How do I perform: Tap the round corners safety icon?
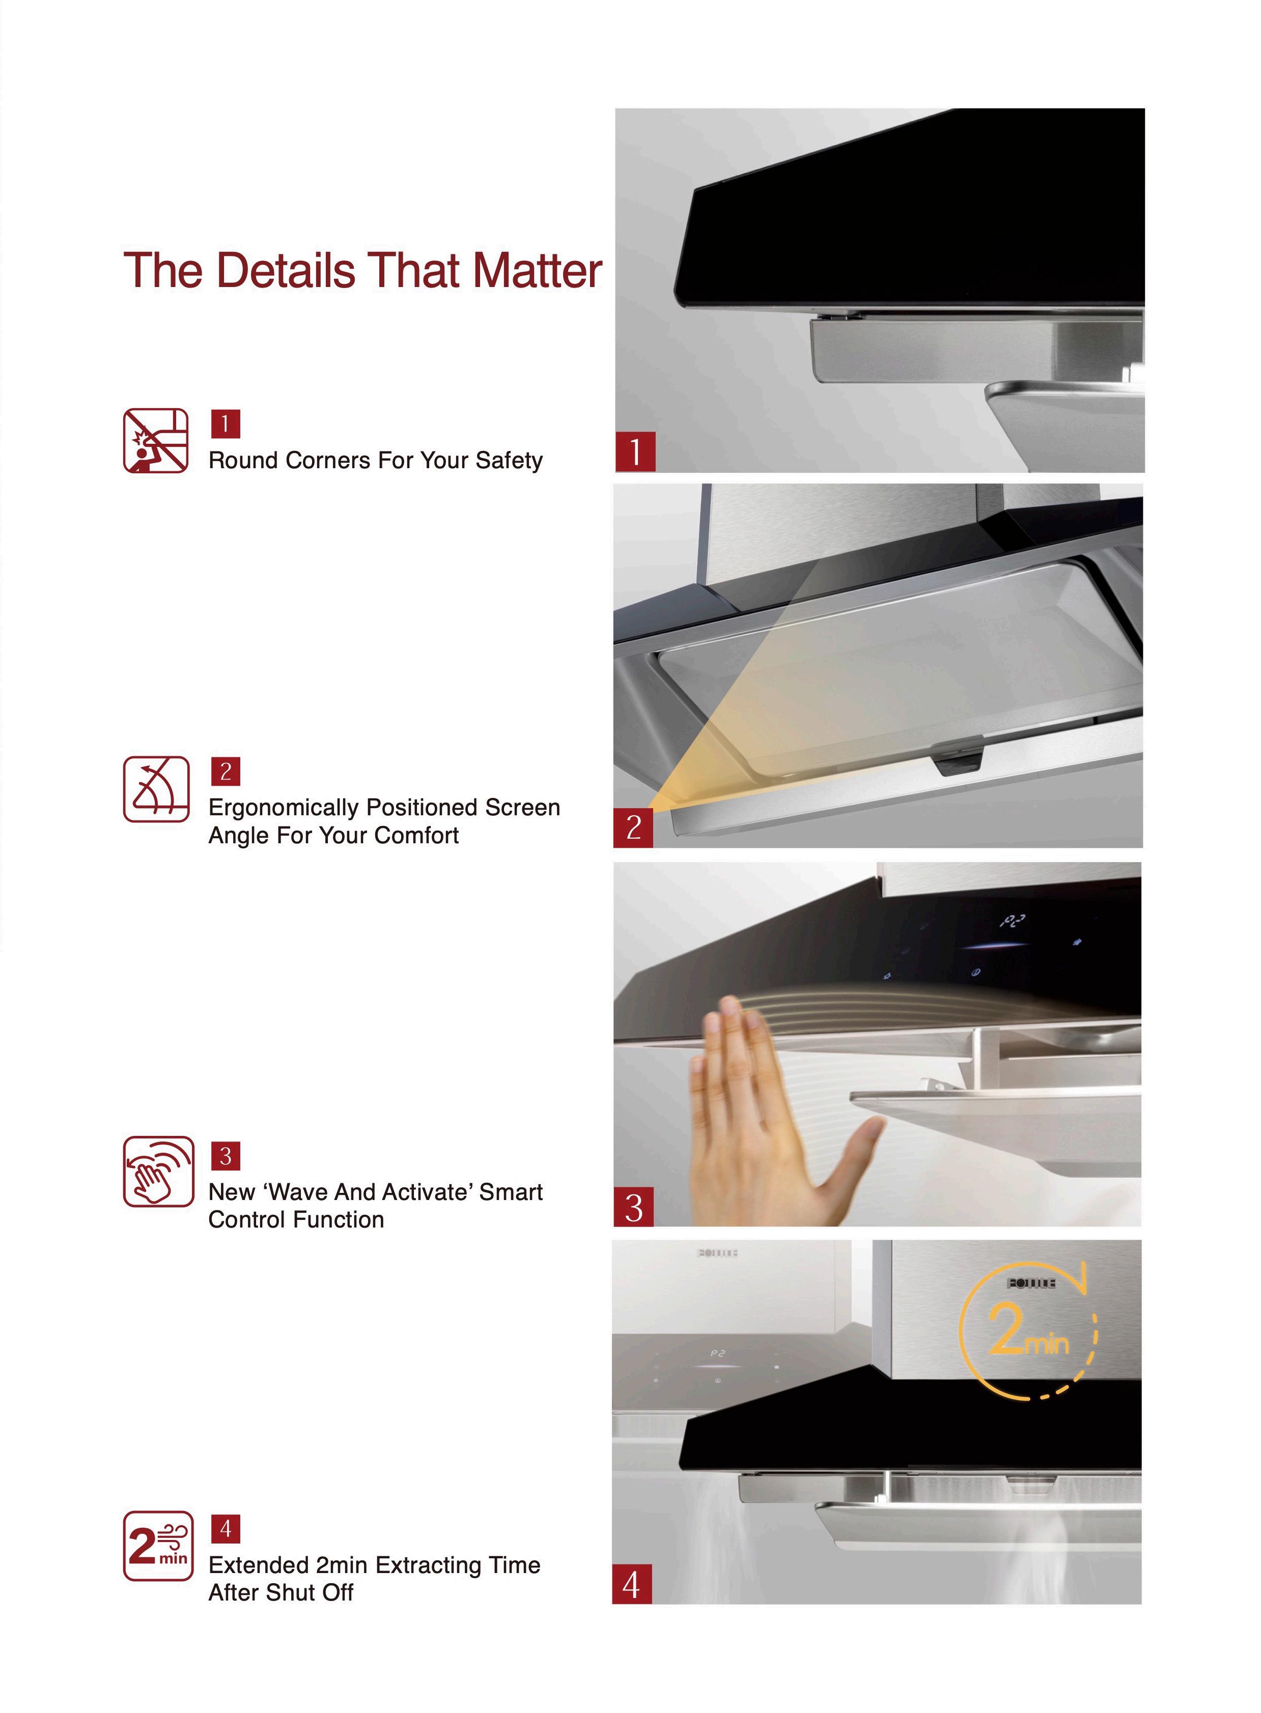(156, 441)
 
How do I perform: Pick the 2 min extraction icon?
(158, 1546)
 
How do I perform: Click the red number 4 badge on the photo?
(632, 1584)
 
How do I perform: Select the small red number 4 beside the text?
(225, 1529)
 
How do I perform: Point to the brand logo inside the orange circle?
(1031, 1283)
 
